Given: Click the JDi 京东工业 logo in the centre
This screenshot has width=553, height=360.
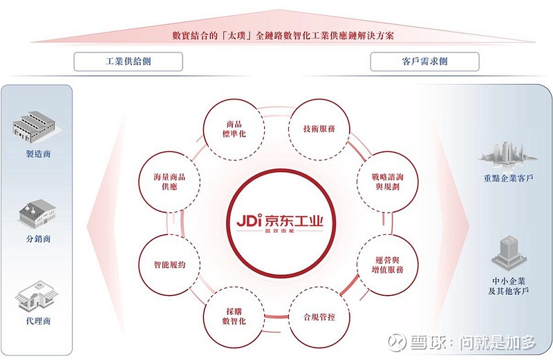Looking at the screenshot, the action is point(280,222).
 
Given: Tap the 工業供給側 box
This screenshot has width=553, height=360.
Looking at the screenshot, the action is point(129,61).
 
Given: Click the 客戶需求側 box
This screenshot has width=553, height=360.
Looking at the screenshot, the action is point(424,61).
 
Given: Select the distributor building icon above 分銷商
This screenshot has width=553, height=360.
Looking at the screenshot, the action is point(37,214).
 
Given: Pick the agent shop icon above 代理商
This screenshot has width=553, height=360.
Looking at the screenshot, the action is point(37,296).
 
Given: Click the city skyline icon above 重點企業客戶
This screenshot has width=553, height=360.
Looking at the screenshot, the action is point(508,154).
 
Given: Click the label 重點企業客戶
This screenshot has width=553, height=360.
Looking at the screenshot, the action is point(508,178).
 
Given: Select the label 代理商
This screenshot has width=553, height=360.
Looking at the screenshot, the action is point(39,321).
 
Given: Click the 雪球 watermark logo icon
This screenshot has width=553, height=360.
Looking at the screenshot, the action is point(397,341).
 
